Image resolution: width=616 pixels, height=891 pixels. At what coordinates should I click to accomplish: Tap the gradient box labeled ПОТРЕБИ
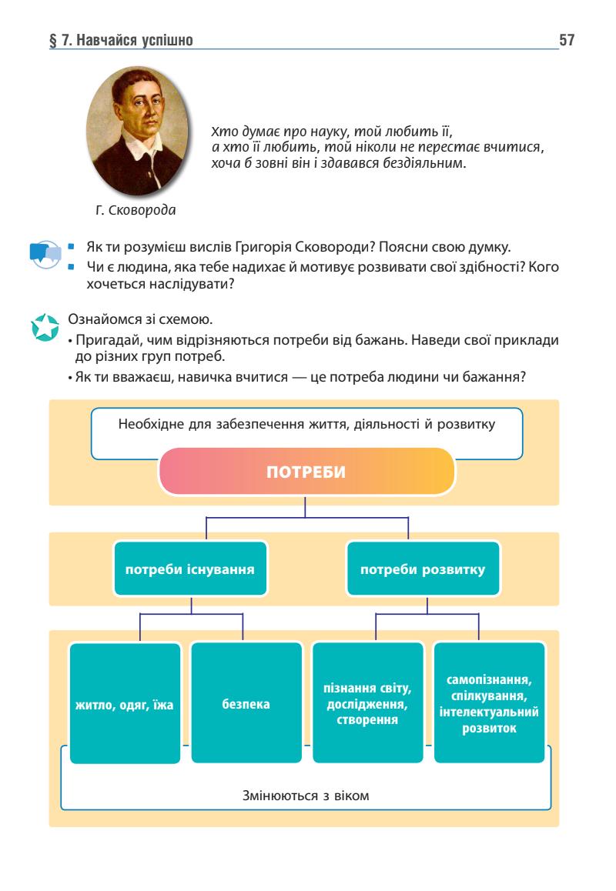pyautogui.click(x=306, y=472)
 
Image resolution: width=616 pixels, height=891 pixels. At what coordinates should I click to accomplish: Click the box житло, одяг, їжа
pyautogui.click(x=126, y=703)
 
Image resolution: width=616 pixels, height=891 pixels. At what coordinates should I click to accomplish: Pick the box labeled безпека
pyautogui.click(x=246, y=703)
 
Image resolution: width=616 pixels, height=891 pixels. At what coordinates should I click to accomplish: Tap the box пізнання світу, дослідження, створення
pyautogui.click(x=367, y=703)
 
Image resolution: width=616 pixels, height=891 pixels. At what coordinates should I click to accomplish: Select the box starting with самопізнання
pyautogui.click(x=489, y=703)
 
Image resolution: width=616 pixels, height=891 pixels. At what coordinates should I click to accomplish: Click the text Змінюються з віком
pyautogui.click(x=306, y=795)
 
